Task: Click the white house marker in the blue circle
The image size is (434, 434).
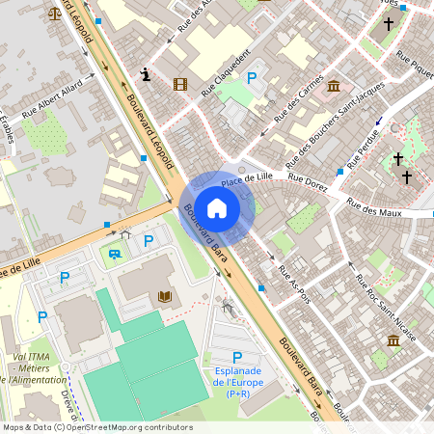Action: pos(217,207)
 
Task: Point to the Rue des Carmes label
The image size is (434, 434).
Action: pos(298,97)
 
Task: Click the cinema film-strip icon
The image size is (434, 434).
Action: pos(179,84)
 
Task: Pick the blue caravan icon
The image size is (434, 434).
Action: pos(116,255)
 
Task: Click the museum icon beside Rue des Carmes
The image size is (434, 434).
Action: pos(334,87)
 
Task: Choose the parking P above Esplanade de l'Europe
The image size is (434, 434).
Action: pos(237,358)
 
